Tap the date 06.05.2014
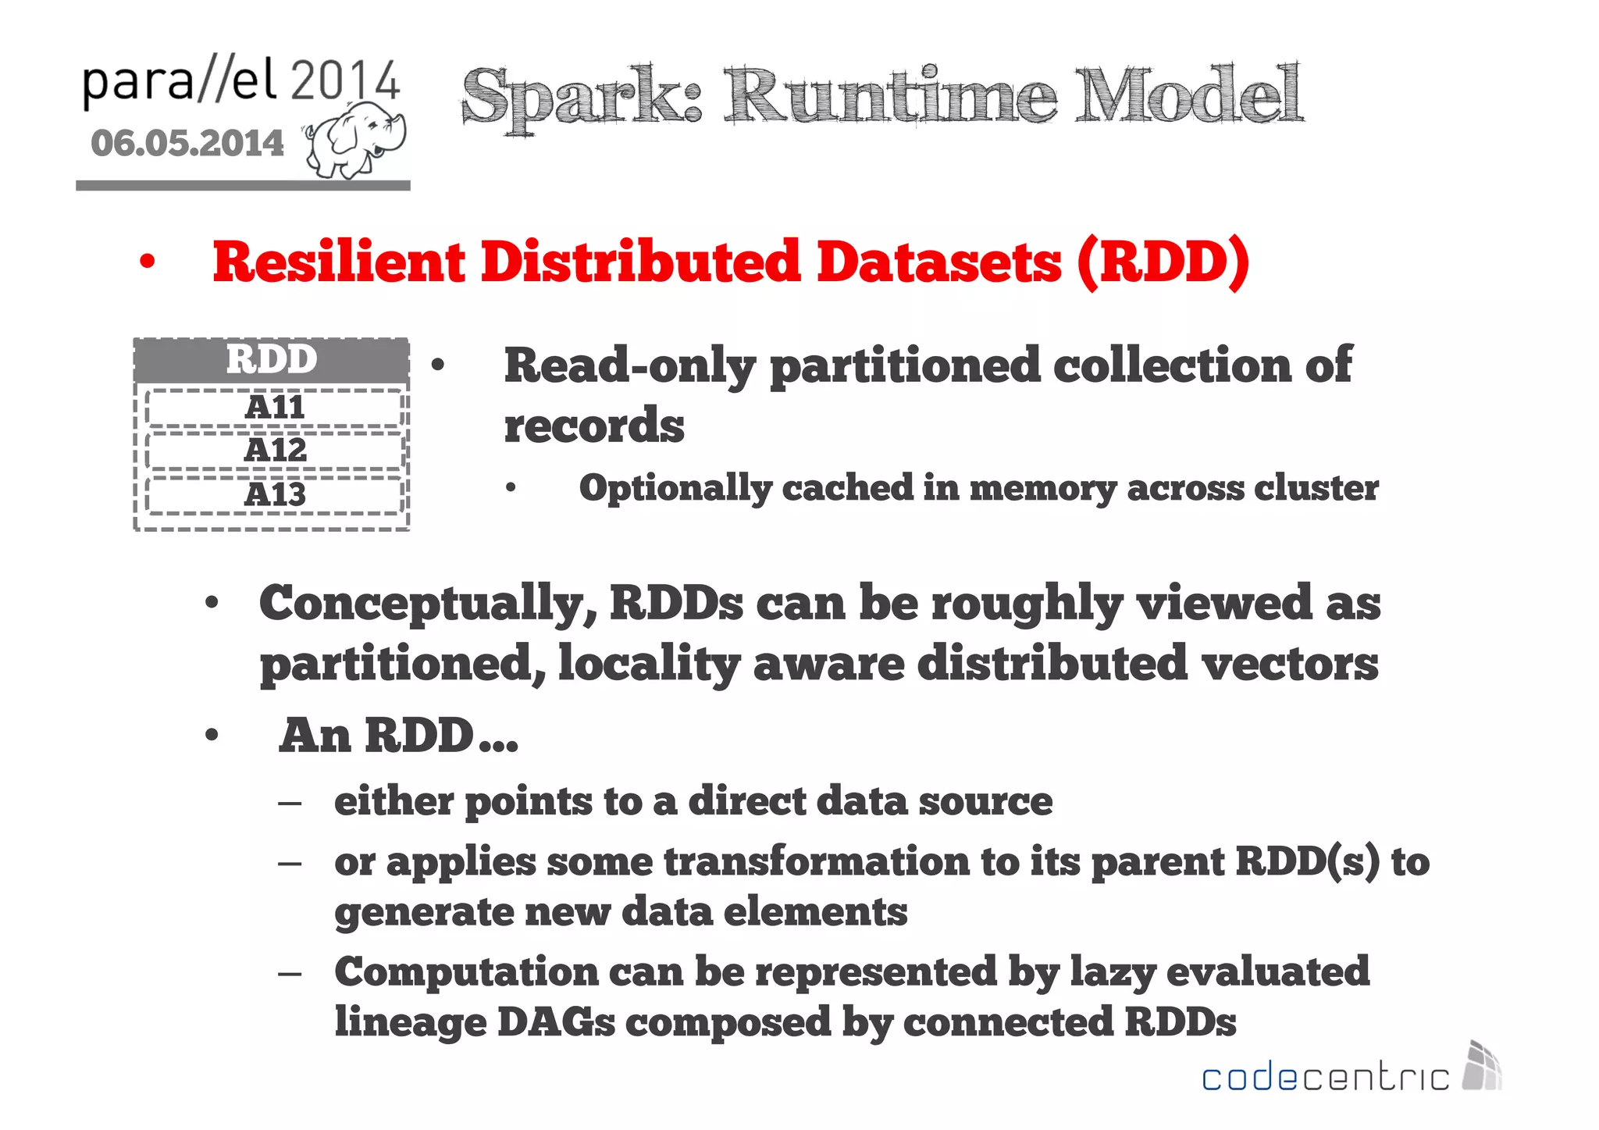tap(187, 143)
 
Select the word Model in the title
tap(1188, 94)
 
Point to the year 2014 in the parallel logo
tap(344, 80)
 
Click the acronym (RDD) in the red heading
tap(1163, 262)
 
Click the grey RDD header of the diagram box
tap(272, 360)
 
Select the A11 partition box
tap(274, 408)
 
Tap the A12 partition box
tap(274, 451)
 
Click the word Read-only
tap(629, 366)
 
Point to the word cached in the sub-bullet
tap(847, 488)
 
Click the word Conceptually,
tap(428, 604)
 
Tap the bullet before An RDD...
tap(212, 736)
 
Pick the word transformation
tap(817, 862)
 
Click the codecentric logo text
tap(1325, 1078)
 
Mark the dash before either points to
tap(290, 803)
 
